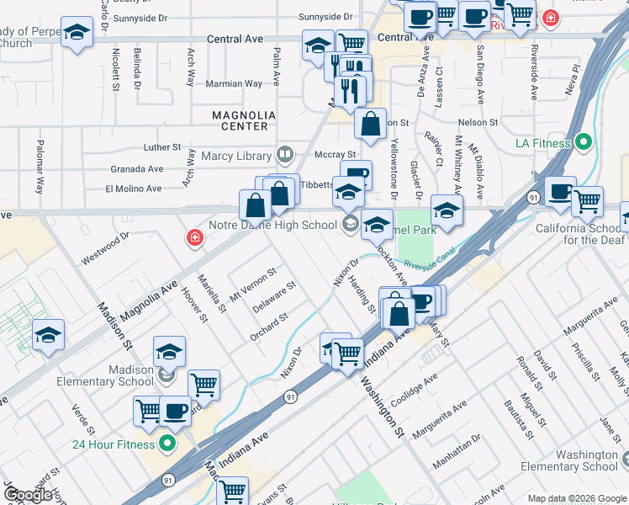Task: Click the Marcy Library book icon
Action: [x=286, y=155]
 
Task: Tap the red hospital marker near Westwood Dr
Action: [x=195, y=239]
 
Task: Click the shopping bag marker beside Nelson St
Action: [x=370, y=124]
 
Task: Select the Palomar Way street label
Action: [x=40, y=167]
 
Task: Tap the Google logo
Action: [x=28, y=495]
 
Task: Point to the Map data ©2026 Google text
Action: [x=577, y=498]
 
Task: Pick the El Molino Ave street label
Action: [x=133, y=189]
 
